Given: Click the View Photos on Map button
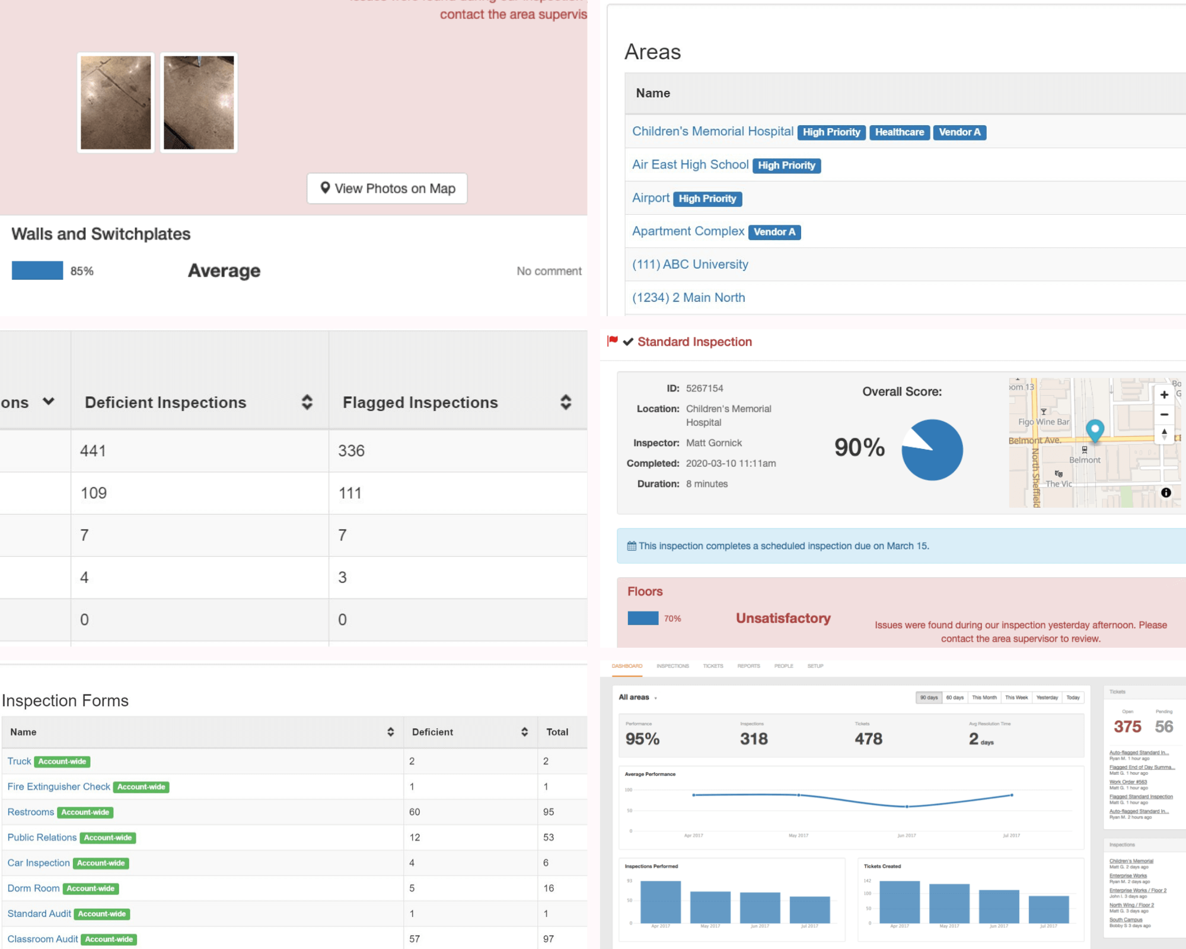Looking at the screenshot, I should pyautogui.click(x=387, y=189).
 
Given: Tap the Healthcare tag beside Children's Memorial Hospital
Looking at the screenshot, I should pyautogui.click(x=899, y=132).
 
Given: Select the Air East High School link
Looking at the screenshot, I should pyautogui.click(x=690, y=165).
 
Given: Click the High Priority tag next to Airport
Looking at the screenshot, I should pyautogui.click(x=707, y=199).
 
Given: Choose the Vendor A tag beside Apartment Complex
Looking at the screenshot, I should pyautogui.click(x=774, y=232).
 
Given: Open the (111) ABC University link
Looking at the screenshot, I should pyautogui.click(x=690, y=265).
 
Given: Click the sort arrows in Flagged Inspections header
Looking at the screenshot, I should pyautogui.click(x=566, y=402).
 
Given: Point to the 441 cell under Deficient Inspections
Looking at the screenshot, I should pyautogui.click(x=93, y=451).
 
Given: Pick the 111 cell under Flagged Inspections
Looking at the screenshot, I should pyautogui.click(x=350, y=493).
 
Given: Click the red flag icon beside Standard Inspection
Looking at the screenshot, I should pyautogui.click(x=613, y=341).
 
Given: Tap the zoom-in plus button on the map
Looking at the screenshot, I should pyautogui.click(x=1164, y=394).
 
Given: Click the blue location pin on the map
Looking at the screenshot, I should pyautogui.click(x=1095, y=429).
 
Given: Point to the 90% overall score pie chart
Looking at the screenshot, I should pyautogui.click(x=932, y=450).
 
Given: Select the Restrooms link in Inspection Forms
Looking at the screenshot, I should pyautogui.click(x=31, y=812).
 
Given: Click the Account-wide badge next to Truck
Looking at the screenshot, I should pyautogui.click(x=62, y=762).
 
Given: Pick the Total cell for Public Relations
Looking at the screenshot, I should pyautogui.click(x=549, y=837).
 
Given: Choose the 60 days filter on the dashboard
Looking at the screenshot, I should pyautogui.click(x=955, y=698).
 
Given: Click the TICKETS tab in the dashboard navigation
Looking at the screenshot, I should pyautogui.click(x=713, y=666).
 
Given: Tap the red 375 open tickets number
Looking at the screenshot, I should pyautogui.click(x=1127, y=727).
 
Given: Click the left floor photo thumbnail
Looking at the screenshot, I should pyautogui.click(x=116, y=103).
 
